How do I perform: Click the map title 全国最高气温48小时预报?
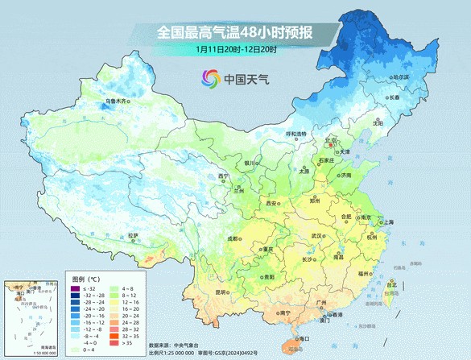[234, 33]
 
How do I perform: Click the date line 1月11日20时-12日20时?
[234, 50]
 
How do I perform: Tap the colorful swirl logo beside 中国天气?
[211, 79]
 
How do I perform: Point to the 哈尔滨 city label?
[400, 77]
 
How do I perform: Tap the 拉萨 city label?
[134, 236]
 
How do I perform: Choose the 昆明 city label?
[197, 292]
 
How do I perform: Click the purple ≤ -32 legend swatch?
[75, 288]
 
